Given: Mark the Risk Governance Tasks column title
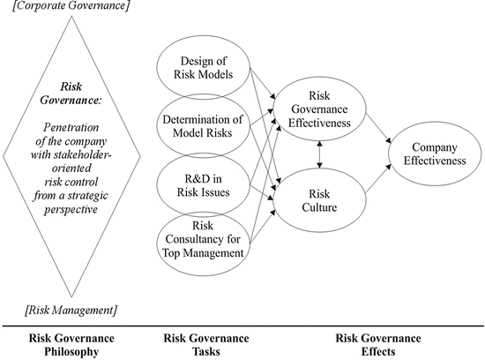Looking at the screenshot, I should tap(205, 344).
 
